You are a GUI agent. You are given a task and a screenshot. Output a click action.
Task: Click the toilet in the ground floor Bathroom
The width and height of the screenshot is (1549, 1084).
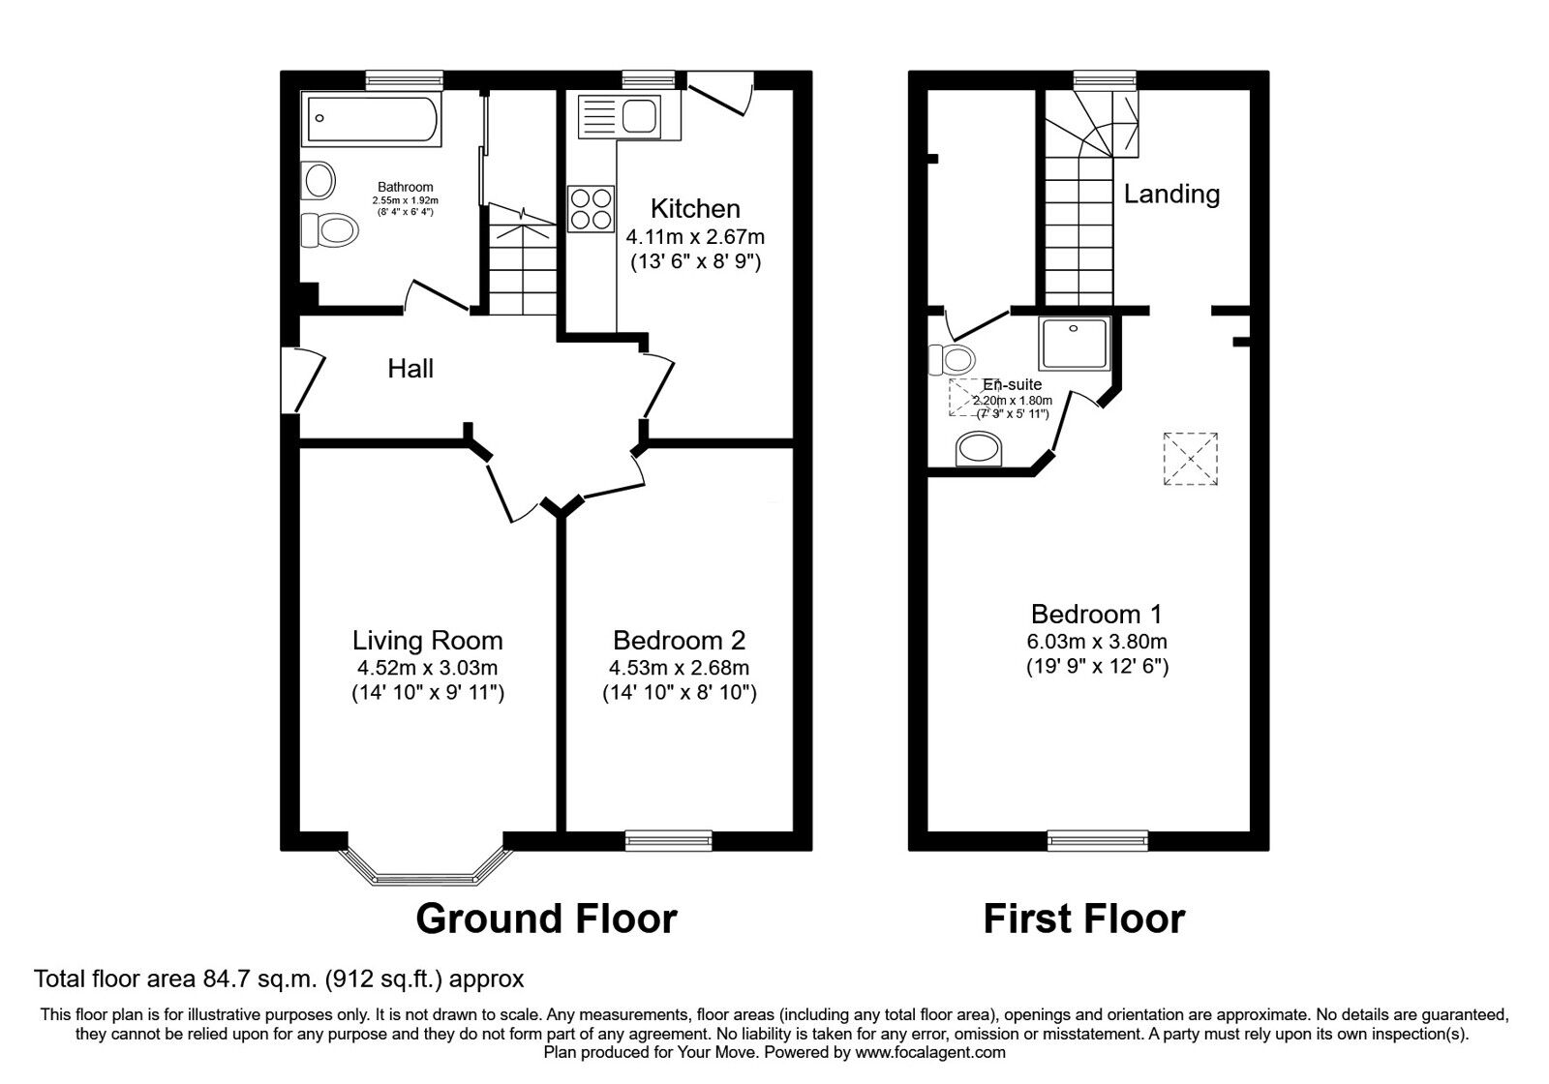point(328,230)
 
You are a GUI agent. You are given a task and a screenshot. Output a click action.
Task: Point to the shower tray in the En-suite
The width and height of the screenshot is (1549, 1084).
point(1074,343)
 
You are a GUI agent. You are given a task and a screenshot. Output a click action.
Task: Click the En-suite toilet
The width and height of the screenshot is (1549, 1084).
point(951,359)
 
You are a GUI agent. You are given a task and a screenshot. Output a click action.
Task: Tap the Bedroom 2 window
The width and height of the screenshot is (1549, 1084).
point(669,840)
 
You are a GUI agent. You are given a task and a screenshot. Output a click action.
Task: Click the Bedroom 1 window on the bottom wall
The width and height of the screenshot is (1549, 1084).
point(1098,840)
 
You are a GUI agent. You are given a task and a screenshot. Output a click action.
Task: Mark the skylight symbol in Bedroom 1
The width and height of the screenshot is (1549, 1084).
point(1191,458)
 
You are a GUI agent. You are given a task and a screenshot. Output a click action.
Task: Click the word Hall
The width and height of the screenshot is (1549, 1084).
point(410,369)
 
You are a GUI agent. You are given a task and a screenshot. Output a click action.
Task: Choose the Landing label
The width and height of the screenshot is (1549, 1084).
point(1171,194)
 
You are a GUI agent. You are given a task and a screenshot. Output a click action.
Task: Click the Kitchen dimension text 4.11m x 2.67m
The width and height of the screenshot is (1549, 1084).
point(695,236)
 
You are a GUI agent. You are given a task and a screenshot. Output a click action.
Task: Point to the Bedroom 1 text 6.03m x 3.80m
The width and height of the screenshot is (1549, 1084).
point(1097,641)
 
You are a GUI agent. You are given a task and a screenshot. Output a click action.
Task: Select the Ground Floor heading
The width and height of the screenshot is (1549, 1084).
point(546,918)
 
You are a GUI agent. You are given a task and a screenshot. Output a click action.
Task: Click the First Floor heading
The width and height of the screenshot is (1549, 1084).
point(1083,918)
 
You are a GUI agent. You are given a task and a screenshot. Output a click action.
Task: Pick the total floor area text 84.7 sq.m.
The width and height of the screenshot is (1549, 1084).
point(279,979)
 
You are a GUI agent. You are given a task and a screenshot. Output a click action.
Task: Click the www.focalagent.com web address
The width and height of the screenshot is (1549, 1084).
point(930,1052)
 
